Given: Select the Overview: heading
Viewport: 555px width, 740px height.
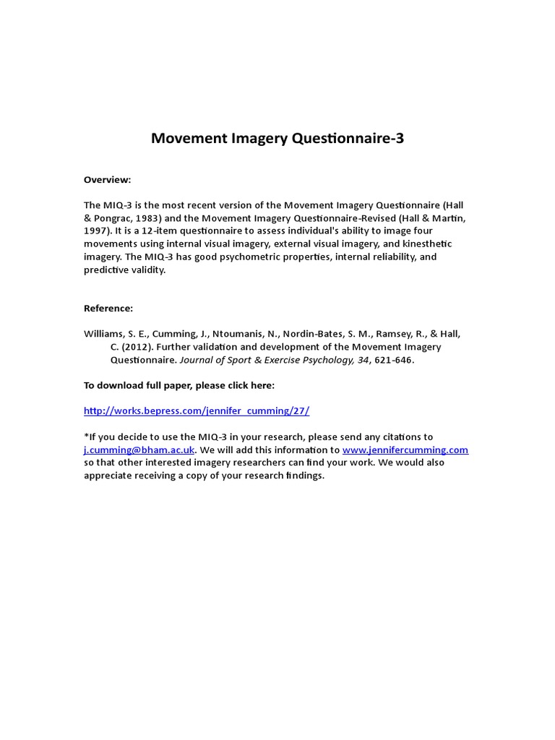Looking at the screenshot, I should [x=108, y=179].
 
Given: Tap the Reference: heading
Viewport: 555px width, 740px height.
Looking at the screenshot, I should [x=108, y=308].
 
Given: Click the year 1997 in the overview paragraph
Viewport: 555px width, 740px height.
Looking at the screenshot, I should [x=96, y=231].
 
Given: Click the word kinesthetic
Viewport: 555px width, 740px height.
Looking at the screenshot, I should [x=438, y=244].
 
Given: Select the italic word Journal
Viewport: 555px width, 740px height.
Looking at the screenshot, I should [x=197, y=360].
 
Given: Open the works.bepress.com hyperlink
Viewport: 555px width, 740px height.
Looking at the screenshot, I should [x=197, y=410].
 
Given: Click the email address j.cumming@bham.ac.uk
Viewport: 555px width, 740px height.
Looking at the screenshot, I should [x=139, y=449].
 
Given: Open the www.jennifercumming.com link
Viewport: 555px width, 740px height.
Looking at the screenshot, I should [x=405, y=449].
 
